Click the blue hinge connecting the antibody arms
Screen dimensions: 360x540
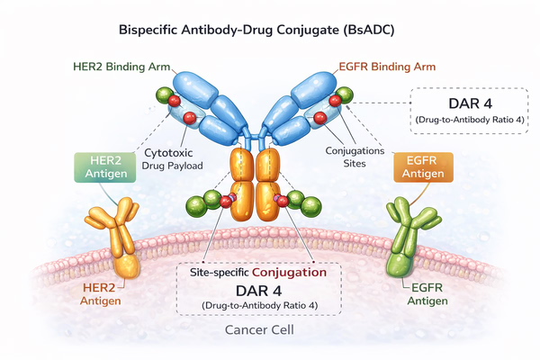click(258, 139)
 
